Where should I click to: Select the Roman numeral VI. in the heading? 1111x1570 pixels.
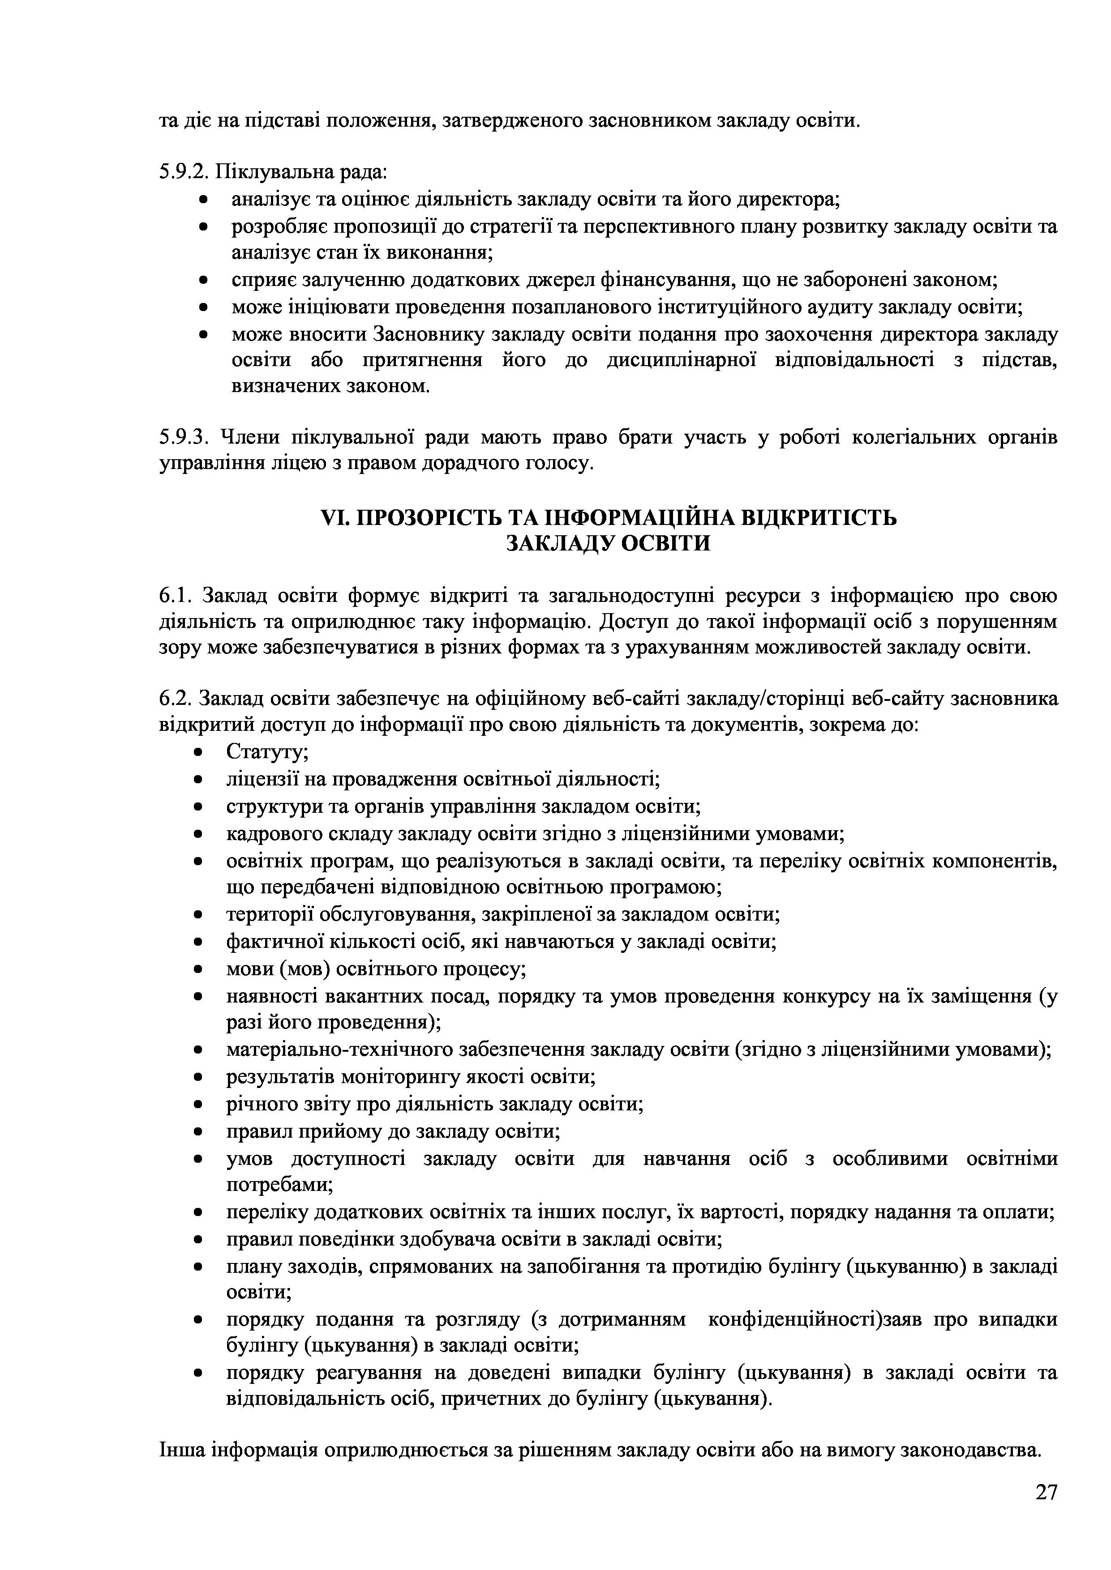335,518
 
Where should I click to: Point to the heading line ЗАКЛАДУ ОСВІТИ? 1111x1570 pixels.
608,544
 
